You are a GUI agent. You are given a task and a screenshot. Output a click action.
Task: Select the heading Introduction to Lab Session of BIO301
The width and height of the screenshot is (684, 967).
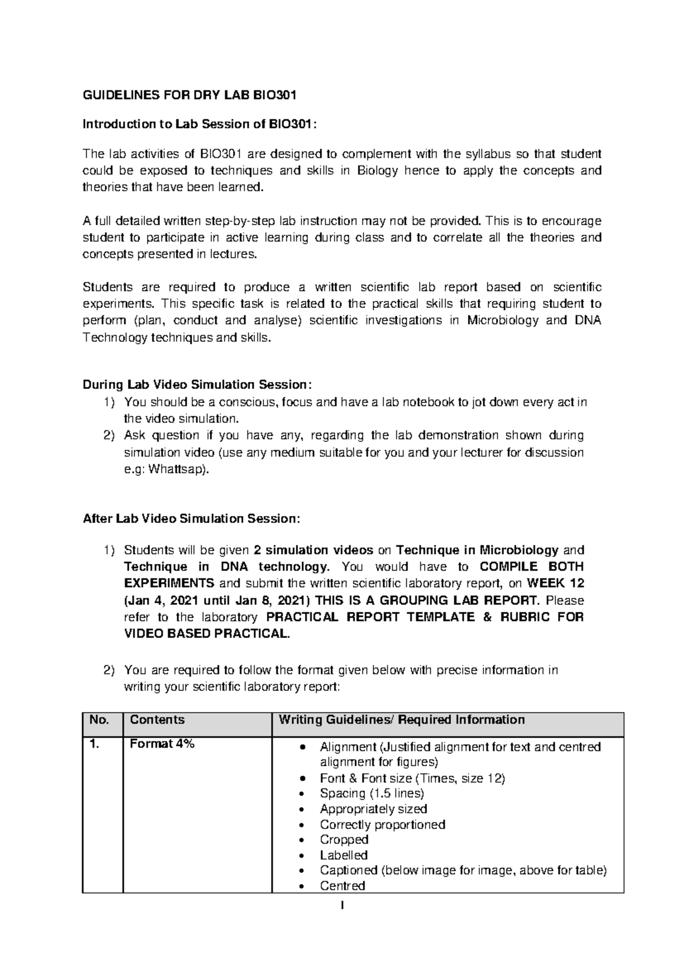pos(198,124)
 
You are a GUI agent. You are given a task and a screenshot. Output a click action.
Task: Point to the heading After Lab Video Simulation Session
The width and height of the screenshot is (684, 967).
pos(191,519)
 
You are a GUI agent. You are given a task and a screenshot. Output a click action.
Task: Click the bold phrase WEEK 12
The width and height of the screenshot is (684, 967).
pos(556,583)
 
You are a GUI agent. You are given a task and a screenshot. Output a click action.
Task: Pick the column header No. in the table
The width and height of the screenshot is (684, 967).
pos(99,720)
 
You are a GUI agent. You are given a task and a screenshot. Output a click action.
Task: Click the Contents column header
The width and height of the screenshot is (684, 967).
pos(157,720)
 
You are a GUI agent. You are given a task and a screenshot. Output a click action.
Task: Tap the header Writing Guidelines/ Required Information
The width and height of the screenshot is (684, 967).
pos(401,720)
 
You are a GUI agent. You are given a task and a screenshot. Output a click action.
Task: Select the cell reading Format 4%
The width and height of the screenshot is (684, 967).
pos(162,743)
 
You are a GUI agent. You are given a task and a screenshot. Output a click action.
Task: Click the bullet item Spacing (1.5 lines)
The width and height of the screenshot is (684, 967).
pos(372,793)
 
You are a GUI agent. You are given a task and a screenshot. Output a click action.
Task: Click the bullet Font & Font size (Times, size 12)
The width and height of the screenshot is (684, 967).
pos(412,778)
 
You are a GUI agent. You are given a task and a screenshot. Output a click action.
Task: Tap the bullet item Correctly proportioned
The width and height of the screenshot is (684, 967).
pos(382,824)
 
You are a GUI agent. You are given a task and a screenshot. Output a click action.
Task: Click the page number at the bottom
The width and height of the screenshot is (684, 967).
pos(343,905)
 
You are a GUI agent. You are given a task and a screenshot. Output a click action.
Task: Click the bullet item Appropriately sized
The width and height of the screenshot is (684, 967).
pos(373,808)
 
